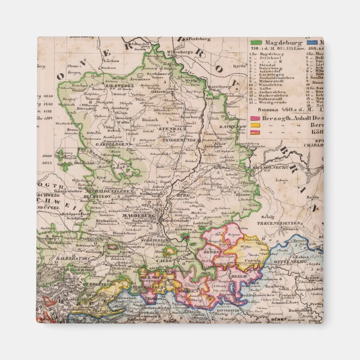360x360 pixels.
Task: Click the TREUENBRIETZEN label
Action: click(287, 222)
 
